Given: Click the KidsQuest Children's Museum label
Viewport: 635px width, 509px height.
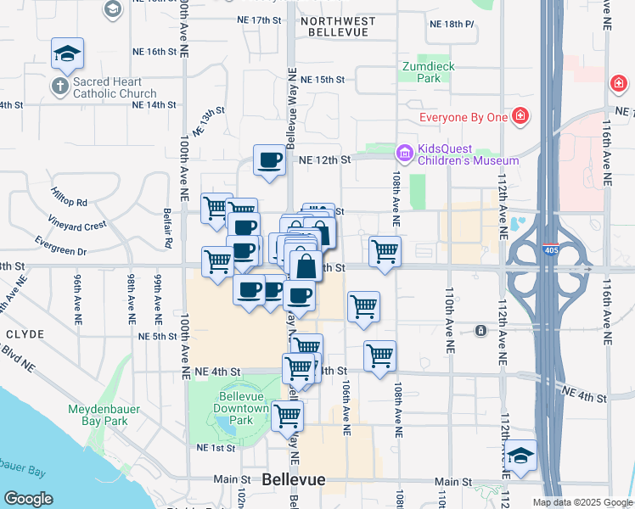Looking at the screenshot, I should (468, 154).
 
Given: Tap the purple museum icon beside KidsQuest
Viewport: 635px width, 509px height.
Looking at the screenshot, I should (403, 153).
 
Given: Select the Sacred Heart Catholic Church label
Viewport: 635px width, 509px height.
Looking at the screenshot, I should (115, 87).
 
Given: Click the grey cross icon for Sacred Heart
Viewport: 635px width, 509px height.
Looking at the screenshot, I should (60, 87).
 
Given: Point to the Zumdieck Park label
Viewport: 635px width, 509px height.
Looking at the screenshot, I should (422, 71).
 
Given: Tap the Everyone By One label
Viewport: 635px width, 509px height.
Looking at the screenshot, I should (463, 116).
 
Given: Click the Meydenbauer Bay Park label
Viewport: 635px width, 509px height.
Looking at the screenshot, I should (98, 414).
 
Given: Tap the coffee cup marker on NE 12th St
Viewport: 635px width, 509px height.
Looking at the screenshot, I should (270, 160).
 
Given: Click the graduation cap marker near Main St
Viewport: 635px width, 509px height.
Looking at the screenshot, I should (520, 456).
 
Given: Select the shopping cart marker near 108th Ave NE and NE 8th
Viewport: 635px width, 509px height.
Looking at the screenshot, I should (385, 252).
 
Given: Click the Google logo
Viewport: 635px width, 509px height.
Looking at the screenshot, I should (28, 499).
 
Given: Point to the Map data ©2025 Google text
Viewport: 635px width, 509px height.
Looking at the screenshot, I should (582, 502).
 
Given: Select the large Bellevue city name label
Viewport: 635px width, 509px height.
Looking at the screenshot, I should (294, 479).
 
